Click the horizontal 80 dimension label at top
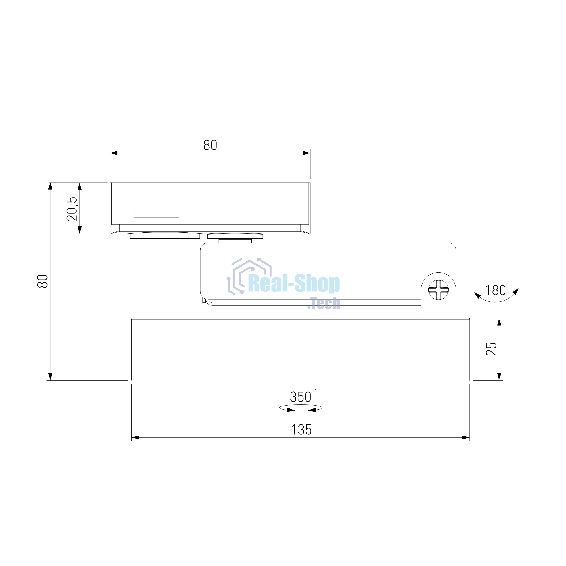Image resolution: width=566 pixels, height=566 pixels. [210, 145]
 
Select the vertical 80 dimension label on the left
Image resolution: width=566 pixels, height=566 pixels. [42, 281]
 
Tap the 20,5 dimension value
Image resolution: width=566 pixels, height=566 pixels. [72, 209]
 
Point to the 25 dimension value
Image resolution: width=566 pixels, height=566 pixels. [491, 349]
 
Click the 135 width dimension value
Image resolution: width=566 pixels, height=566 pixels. [301, 430]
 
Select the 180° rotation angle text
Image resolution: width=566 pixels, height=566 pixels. [497, 290]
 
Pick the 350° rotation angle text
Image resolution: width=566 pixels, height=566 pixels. [303, 396]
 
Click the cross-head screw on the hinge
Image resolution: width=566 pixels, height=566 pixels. [438, 290]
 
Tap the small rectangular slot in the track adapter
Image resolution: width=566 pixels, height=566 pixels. [156, 215]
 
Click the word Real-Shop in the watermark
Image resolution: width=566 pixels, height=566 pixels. [294, 284]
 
